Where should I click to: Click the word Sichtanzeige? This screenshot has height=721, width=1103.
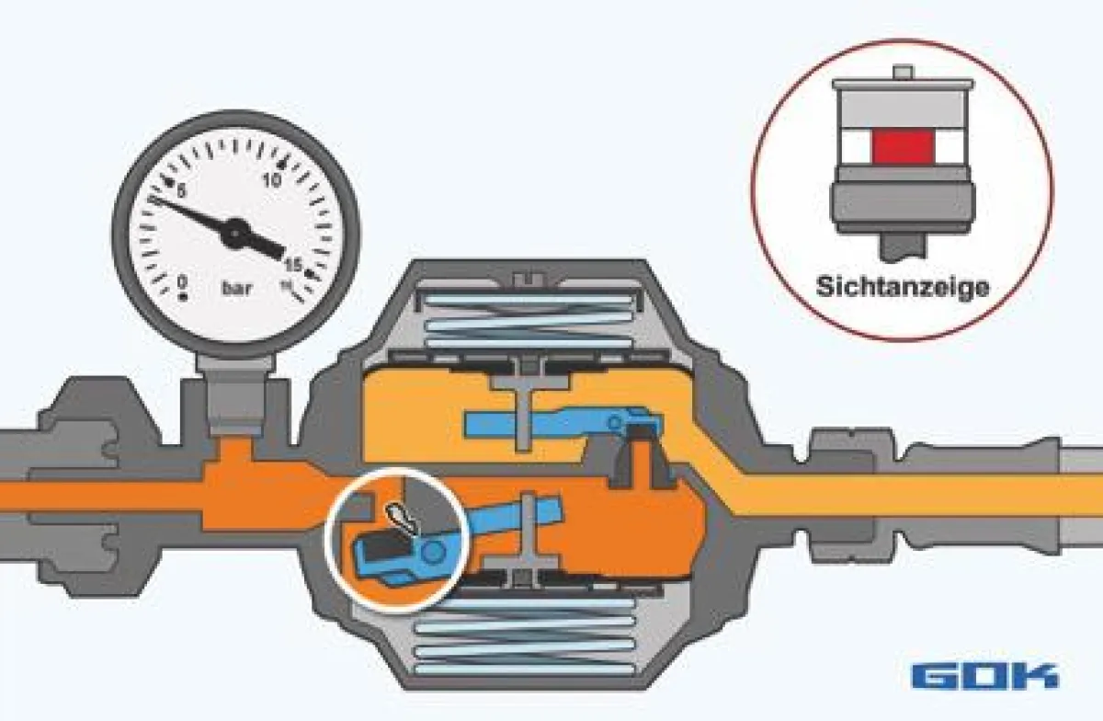[902, 286]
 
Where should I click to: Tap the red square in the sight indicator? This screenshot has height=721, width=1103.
[903, 146]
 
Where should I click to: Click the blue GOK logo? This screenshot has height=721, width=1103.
[984, 676]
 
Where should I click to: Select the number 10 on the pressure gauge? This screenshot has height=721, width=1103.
[272, 180]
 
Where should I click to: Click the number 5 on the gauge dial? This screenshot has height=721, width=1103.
[181, 191]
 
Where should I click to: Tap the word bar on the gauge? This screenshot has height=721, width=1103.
[237, 288]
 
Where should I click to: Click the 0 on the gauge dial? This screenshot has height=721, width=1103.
[183, 282]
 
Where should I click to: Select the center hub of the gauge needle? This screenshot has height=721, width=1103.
[235, 233]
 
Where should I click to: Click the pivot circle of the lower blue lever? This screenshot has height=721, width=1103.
[433, 552]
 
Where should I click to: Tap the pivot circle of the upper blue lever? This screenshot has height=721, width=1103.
[614, 422]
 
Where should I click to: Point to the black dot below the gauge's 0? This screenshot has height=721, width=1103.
[183, 297]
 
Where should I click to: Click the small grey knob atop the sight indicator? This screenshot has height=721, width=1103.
[902, 73]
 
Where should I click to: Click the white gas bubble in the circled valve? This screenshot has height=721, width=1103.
[403, 518]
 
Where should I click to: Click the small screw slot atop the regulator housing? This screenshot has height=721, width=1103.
[529, 279]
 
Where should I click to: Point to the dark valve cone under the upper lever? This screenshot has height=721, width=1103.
[639, 458]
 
